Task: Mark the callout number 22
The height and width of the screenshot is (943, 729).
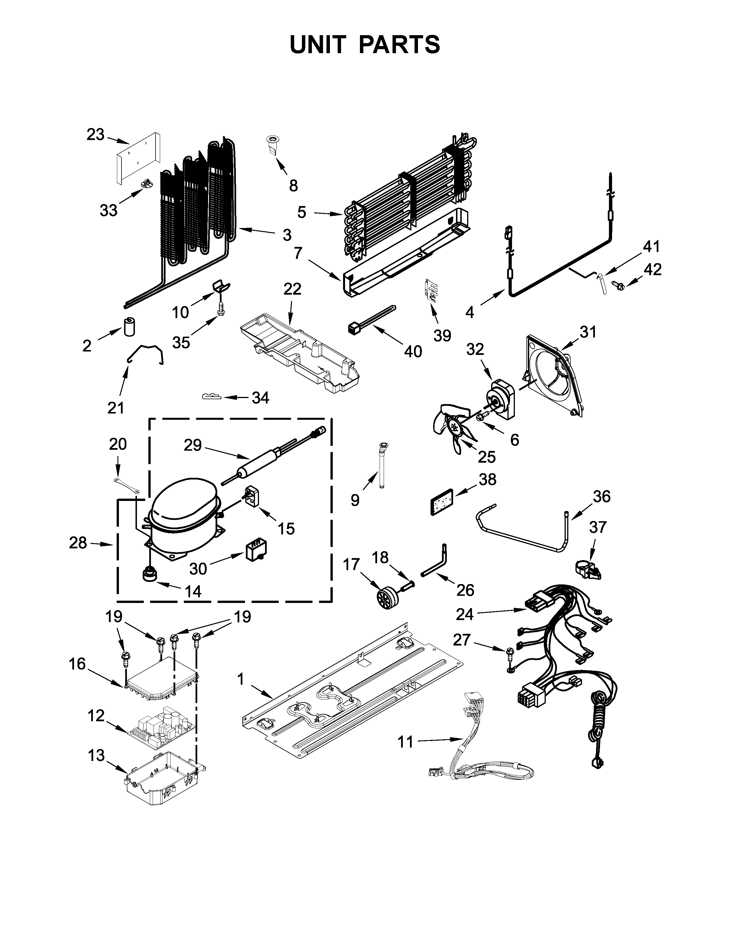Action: [292, 289]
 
